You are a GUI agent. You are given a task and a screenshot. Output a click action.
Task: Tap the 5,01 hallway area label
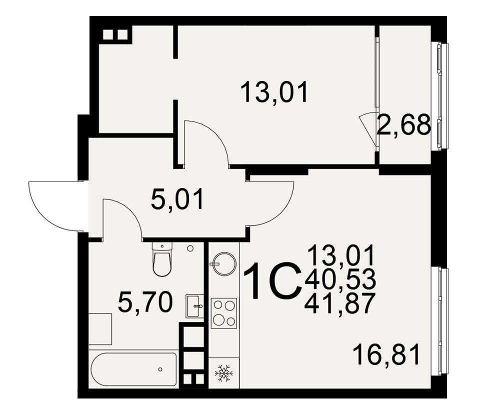(177, 199)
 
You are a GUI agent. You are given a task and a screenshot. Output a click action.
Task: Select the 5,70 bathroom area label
(145, 302)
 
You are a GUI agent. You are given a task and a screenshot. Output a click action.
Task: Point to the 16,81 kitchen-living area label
(386, 354)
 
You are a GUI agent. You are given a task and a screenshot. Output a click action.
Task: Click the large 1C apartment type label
(273, 281)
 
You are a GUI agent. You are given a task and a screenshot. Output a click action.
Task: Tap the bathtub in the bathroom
(133, 369)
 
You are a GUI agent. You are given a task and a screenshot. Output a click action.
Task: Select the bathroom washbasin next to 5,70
(195, 306)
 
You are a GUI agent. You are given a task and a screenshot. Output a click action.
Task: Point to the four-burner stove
(224, 313)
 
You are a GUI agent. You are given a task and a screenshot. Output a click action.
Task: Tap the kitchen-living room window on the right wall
(439, 321)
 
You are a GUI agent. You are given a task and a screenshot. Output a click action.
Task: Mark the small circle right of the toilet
(190, 248)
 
